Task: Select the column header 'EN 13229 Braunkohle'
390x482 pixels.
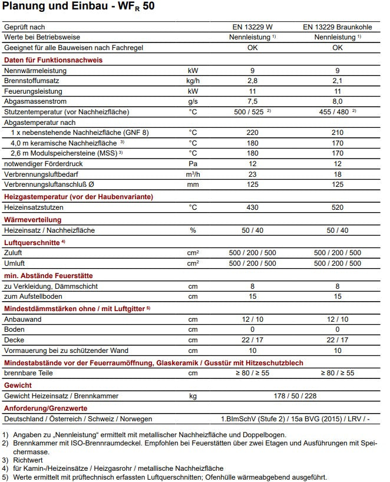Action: point(337,27)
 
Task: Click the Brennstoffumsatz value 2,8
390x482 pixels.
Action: point(252,81)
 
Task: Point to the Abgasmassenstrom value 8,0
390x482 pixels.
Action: point(337,101)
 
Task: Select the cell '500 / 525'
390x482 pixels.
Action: point(250,112)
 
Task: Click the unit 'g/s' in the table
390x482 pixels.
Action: point(193,101)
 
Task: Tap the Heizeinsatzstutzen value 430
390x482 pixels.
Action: point(252,207)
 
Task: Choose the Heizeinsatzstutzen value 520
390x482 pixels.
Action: point(337,207)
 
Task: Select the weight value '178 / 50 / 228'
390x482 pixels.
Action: point(295,396)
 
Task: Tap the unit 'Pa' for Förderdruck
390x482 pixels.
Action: point(193,163)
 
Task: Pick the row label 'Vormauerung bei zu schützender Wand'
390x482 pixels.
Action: point(66,351)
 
